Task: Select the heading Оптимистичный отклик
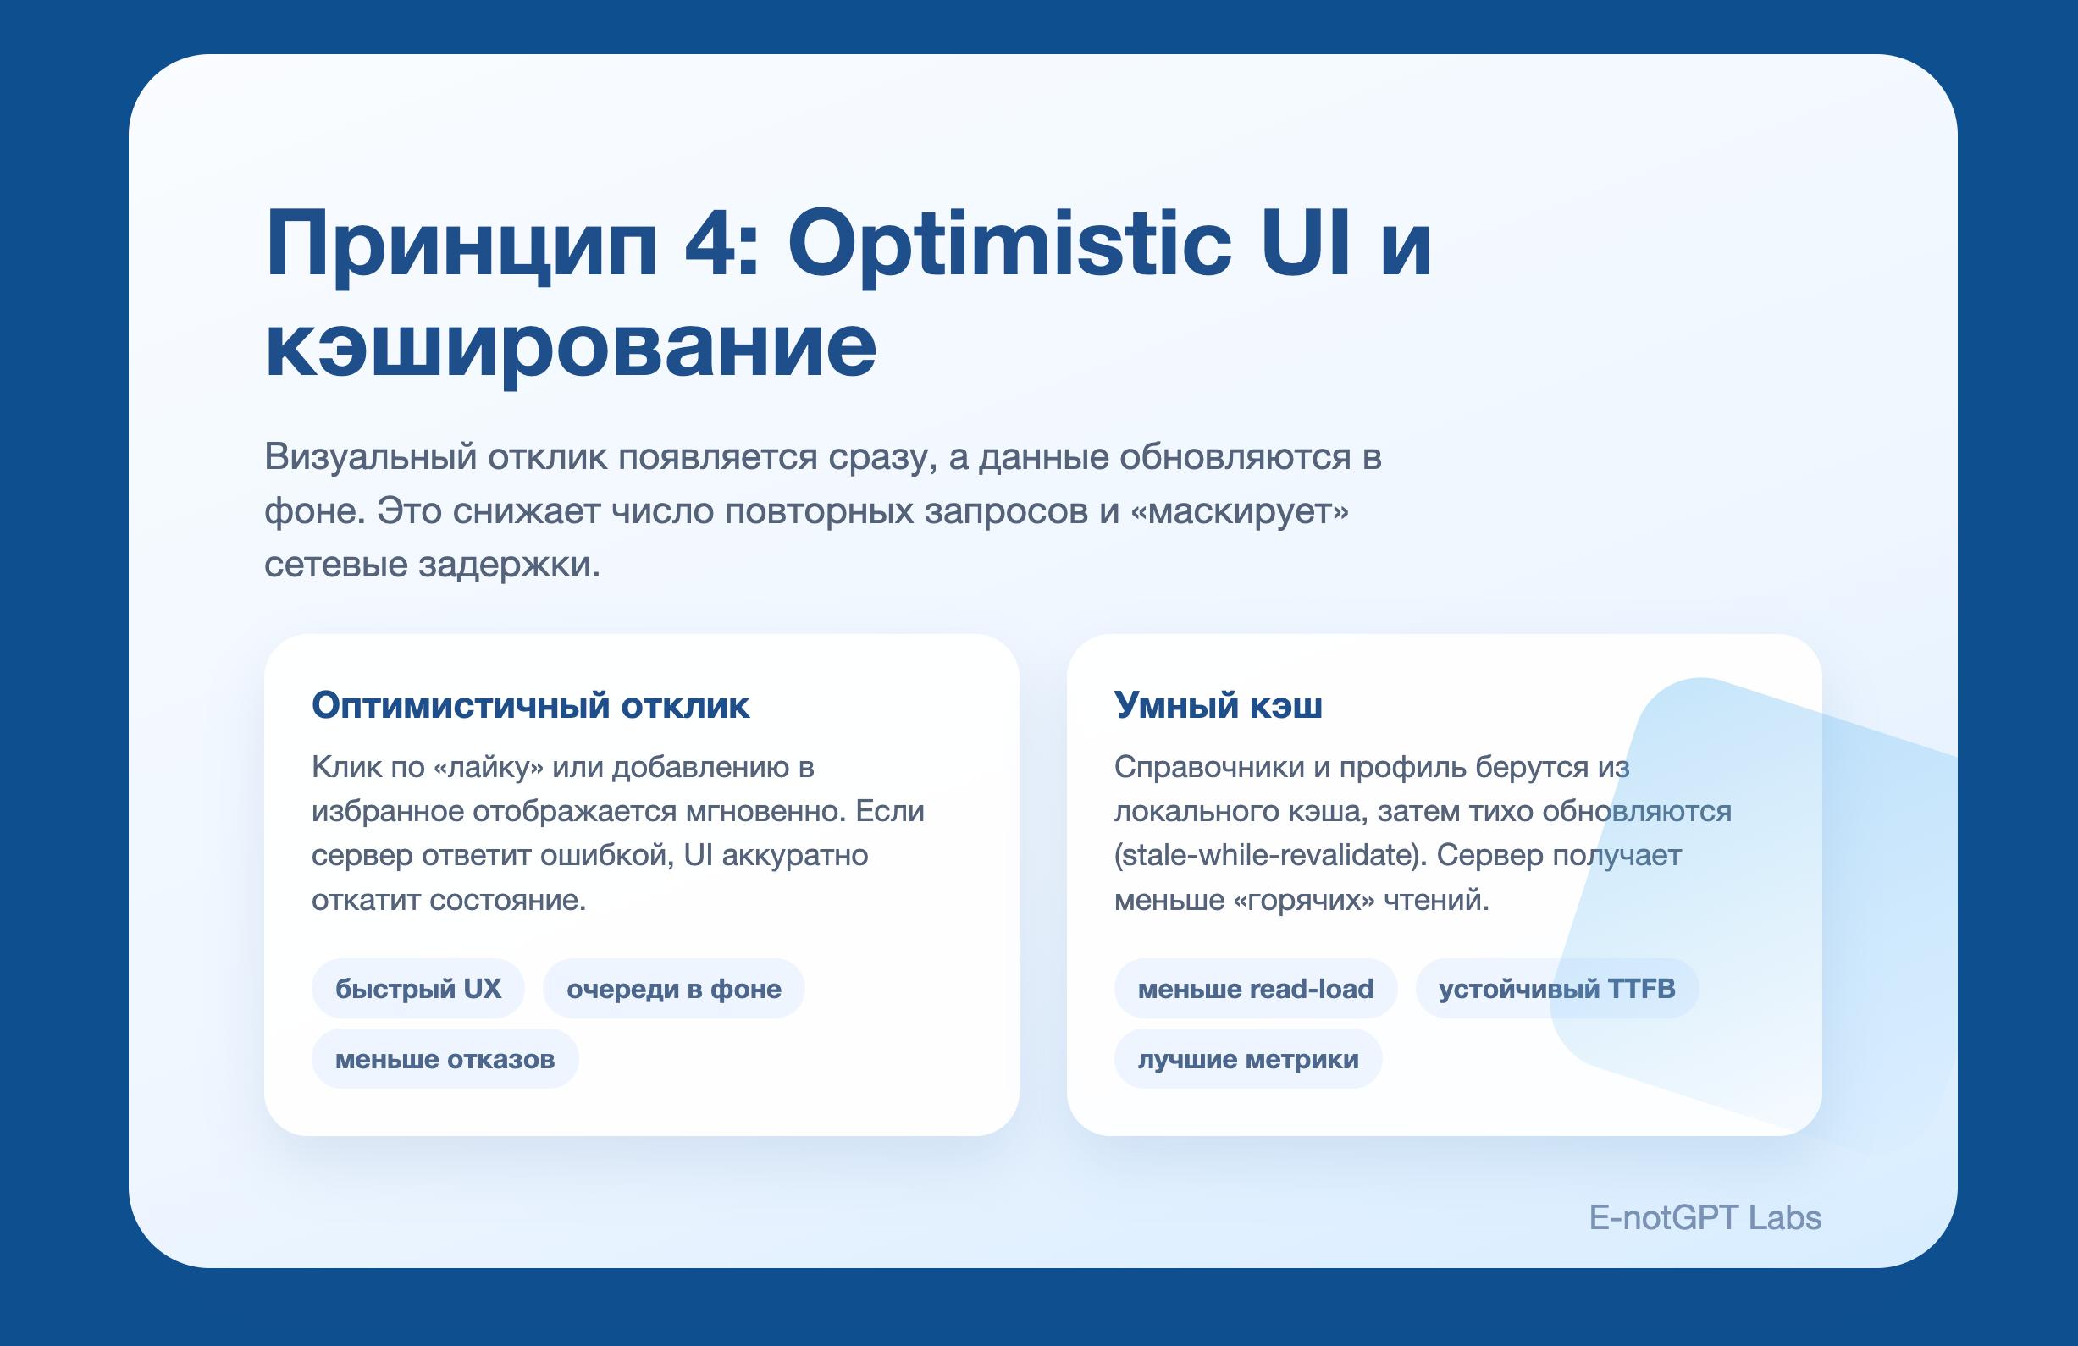(x=530, y=704)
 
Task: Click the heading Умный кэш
(x=1218, y=704)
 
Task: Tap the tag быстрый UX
(x=418, y=988)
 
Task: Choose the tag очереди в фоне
(x=673, y=988)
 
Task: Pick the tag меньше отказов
(x=445, y=1059)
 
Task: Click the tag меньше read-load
(x=1256, y=988)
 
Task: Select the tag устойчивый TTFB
(x=1556, y=988)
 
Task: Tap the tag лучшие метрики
(x=1247, y=1059)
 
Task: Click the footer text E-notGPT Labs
(x=1705, y=1217)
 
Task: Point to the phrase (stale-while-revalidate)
(x=1270, y=856)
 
